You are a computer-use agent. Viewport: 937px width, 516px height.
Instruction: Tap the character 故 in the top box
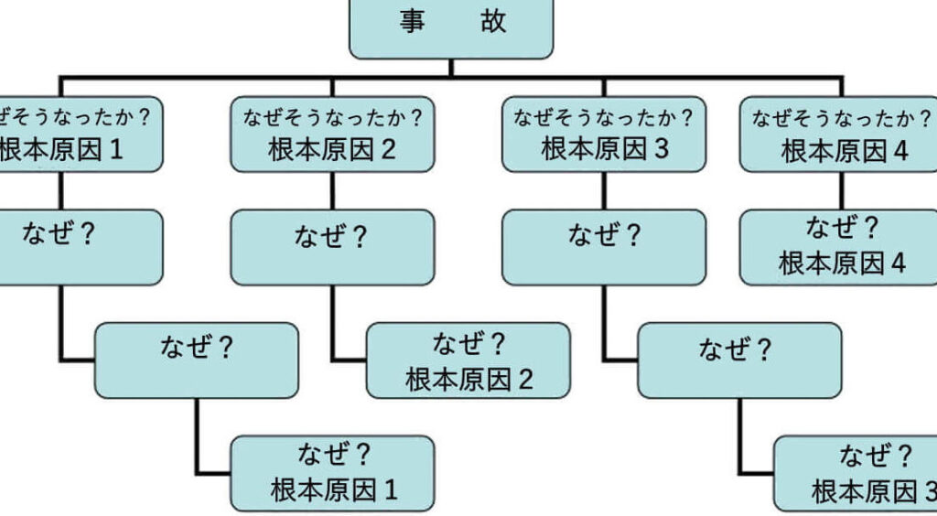(x=493, y=22)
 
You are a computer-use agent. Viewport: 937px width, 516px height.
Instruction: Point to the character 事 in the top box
(x=411, y=22)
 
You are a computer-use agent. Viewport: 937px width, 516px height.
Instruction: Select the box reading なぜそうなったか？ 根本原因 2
(x=332, y=134)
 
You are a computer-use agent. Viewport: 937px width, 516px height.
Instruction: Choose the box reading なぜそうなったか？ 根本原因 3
(x=604, y=134)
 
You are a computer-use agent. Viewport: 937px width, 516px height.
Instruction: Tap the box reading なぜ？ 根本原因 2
(x=468, y=360)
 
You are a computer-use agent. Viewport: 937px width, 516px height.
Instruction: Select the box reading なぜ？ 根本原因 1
(x=333, y=473)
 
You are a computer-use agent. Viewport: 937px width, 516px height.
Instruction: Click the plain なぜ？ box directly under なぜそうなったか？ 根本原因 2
(x=332, y=247)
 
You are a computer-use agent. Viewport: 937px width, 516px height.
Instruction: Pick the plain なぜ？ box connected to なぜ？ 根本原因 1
(x=196, y=360)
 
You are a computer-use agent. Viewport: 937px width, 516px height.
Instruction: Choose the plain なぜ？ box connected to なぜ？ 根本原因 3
(x=738, y=360)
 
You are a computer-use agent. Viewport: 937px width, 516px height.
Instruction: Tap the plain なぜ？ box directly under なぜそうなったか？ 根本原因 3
(x=604, y=247)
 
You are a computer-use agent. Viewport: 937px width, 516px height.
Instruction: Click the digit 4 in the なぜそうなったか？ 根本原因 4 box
(x=900, y=152)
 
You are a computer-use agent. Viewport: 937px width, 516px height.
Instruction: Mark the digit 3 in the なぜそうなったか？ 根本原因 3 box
(x=662, y=150)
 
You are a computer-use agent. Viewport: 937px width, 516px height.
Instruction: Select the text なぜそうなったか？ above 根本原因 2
(x=332, y=117)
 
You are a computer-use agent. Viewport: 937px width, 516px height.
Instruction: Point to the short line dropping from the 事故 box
(x=451, y=68)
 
